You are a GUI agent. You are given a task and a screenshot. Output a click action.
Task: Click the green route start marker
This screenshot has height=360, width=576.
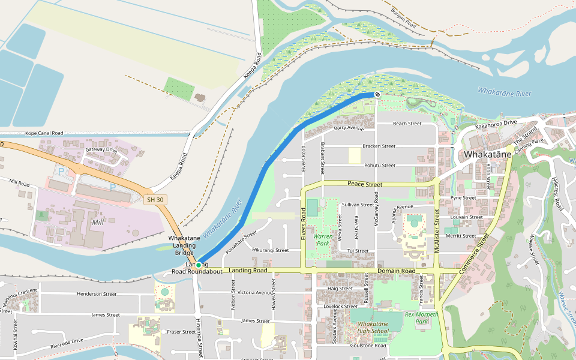point(199,265)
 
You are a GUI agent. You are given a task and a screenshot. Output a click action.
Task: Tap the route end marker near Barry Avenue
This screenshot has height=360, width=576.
point(377,94)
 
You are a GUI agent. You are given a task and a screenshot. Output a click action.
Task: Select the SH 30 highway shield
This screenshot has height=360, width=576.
point(154,200)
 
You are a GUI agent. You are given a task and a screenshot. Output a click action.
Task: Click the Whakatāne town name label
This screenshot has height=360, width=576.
point(488,154)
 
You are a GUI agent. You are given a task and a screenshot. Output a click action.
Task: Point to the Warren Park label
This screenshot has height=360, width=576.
point(322,241)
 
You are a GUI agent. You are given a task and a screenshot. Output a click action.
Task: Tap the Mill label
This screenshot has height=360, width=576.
point(97,222)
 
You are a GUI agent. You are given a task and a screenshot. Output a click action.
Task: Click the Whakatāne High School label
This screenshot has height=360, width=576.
point(373,327)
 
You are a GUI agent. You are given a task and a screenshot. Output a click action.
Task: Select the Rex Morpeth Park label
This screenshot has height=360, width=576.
point(421,318)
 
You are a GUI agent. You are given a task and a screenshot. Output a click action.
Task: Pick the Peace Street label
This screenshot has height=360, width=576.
point(364,184)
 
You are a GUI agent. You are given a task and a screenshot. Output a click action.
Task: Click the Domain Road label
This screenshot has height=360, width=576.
point(396,271)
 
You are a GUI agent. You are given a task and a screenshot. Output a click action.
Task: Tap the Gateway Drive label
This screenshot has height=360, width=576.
point(101,150)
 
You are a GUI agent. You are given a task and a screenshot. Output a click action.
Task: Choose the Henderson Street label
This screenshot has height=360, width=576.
point(97,294)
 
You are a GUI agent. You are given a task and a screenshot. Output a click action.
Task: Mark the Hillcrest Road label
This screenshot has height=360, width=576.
point(558,194)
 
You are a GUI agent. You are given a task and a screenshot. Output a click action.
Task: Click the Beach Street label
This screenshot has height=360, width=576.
point(407,124)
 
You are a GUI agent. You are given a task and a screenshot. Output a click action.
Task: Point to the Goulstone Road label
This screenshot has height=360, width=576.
point(371,346)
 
